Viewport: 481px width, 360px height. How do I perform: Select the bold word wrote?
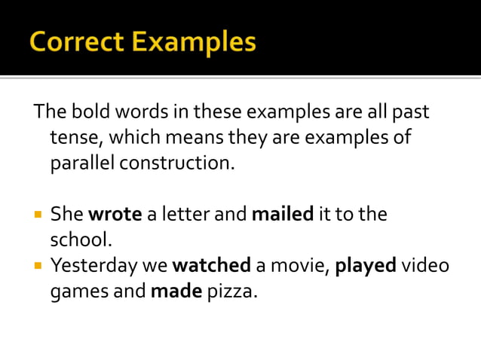pyautogui.click(x=115, y=214)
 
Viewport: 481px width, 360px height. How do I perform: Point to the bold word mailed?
pyautogui.click(x=282, y=214)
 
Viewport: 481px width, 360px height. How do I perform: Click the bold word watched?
pyautogui.click(x=212, y=265)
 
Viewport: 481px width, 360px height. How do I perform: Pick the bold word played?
pyautogui.click(x=365, y=265)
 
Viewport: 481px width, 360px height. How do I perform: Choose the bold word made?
pyautogui.click(x=176, y=291)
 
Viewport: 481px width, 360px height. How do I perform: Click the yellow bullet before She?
pyautogui.click(x=38, y=215)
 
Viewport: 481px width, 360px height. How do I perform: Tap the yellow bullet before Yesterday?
pyautogui.click(x=38, y=266)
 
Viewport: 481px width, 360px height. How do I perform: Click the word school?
pyautogui.click(x=80, y=239)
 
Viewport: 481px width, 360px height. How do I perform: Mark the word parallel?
pyautogui.click(x=83, y=163)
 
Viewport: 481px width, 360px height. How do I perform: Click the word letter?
pyautogui.click(x=185, y=214)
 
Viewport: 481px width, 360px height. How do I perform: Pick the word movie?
pyautogui.click(x=296, y=265)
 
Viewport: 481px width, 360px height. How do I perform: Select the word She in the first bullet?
pyautogui.click(x=67, y=214)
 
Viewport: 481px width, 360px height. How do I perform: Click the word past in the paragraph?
pyautogui.click(x=412, y=112)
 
